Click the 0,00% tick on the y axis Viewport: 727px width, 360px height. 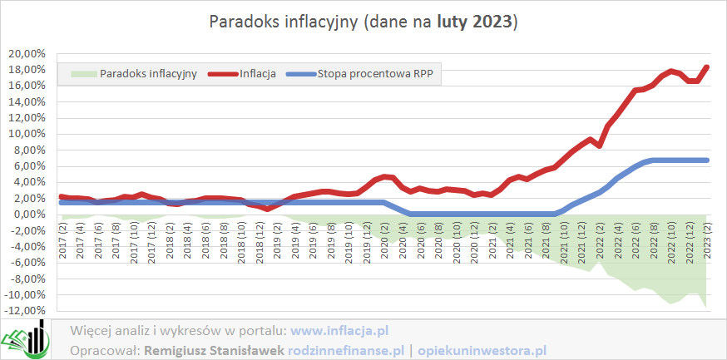[x=27, y=215]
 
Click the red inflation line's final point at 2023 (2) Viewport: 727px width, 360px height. [x=707, y=67]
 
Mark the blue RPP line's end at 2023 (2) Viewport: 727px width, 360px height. [x=707, y=160]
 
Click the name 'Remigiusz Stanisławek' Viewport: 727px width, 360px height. [x=215, y=350]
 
